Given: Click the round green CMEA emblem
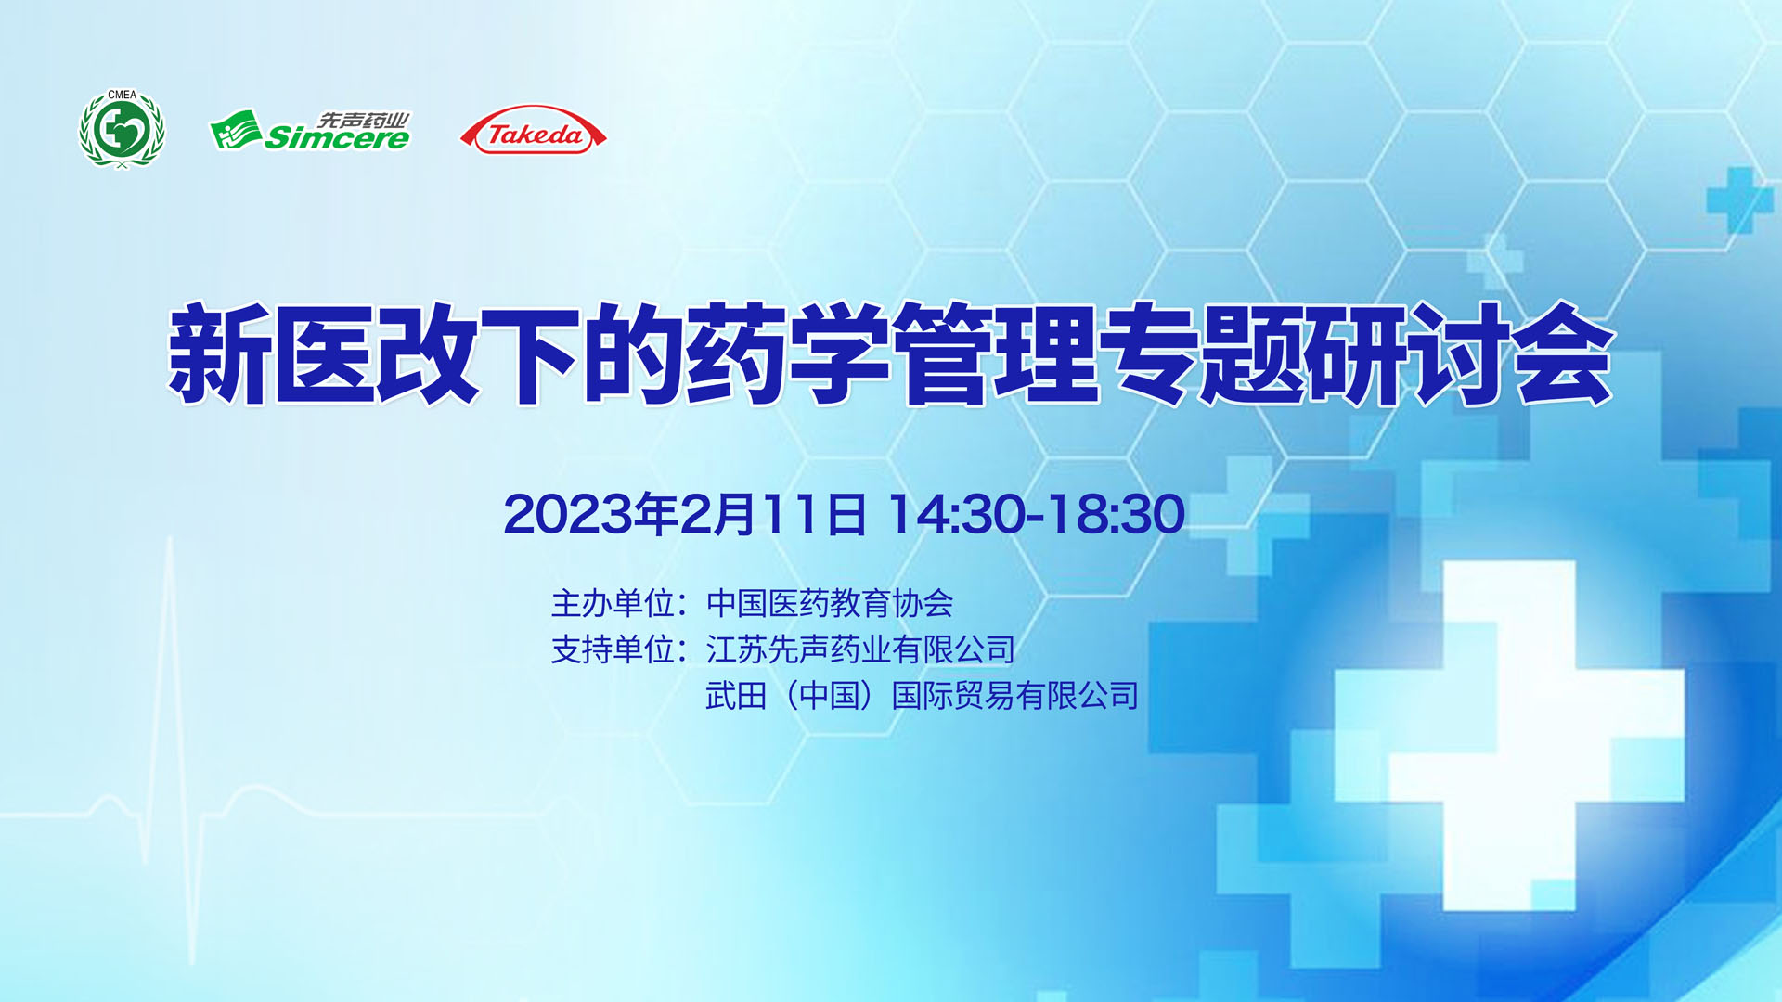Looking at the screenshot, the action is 122,130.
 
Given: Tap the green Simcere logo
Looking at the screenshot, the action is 310,131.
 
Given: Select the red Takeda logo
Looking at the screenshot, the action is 534,130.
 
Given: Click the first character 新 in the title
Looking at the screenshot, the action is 219,353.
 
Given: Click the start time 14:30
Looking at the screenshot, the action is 957,514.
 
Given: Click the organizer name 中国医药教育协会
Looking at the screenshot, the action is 830,604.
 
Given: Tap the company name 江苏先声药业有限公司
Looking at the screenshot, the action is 860,649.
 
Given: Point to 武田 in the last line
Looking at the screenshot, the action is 736,696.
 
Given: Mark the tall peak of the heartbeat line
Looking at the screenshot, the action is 170,543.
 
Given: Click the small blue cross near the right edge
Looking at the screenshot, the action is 1739,199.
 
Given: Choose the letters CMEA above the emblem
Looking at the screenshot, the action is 122,95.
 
